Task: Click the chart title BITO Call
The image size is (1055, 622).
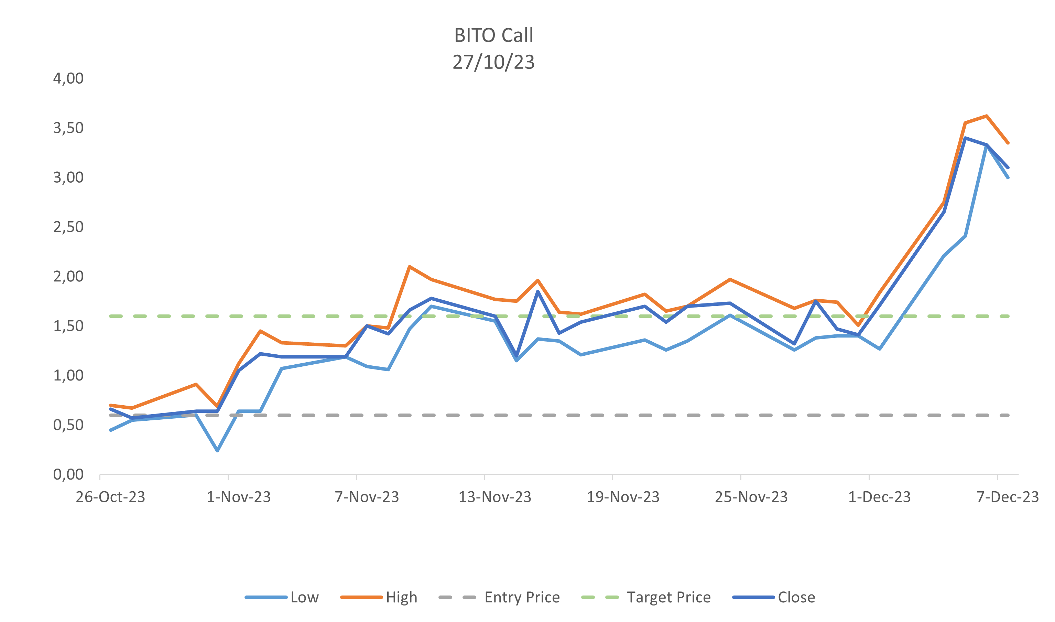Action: pos(493,35)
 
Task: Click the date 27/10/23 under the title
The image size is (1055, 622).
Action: pos(493,62)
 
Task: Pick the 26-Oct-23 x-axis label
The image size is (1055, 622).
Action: pos(110,497)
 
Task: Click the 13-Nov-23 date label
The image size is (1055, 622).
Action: pos(494,497)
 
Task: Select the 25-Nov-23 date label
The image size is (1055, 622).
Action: pos(751,497)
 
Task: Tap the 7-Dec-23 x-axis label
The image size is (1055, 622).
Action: pos(1008,497)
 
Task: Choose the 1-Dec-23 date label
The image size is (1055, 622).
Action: pos(879,497)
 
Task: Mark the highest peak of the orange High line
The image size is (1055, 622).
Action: pos(987,116)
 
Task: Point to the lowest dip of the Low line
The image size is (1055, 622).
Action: pos(217,451)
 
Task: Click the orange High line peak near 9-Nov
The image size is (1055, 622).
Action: pos(409,266)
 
